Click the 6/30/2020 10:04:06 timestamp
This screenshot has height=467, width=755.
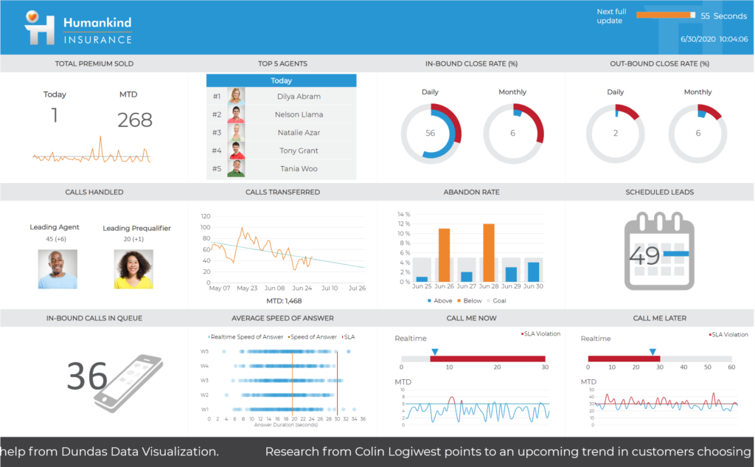[x=713, y=38]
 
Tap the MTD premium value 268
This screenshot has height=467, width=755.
[x=135, y=120]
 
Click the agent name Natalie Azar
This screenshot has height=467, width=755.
[x=299, y=132]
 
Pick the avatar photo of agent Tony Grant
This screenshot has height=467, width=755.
[x=236, y=151]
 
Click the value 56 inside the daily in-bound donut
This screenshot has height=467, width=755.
[x=431, y=134]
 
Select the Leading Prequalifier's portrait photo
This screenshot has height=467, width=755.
[x=133, y=269]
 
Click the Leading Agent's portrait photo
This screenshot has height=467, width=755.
[x=58, y=269]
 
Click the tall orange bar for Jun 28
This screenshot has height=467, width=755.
[x=489, y=252]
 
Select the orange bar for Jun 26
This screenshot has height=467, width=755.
[x=444, y=255]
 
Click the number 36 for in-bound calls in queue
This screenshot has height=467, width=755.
[x=87, y=377]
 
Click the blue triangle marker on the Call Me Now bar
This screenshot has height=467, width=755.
[x=434, y=351]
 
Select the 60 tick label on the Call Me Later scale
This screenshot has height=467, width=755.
[x=731, y=367]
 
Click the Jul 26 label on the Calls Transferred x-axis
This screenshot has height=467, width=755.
[x=356, y=288]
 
